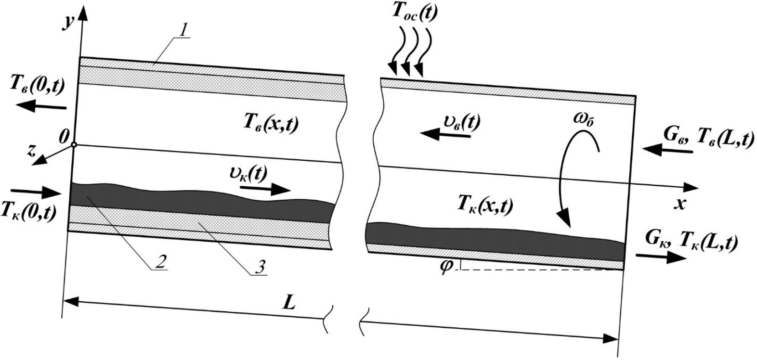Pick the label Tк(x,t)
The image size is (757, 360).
coord(484,206)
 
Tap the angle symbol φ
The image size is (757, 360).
coord(446,266)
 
